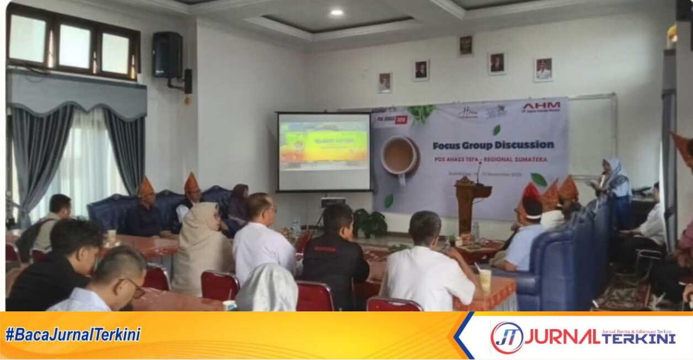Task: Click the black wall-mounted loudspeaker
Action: (167, 55)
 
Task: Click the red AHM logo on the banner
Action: (541, 107)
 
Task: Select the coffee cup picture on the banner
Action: (398, 156)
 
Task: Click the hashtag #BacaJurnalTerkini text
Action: (73, 334)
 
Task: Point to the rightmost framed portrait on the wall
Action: (543, 70)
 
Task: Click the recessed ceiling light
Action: (336, 12)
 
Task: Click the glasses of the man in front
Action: (135, 287)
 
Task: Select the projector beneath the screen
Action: (333, 202)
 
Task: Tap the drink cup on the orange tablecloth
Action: (485, 280)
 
